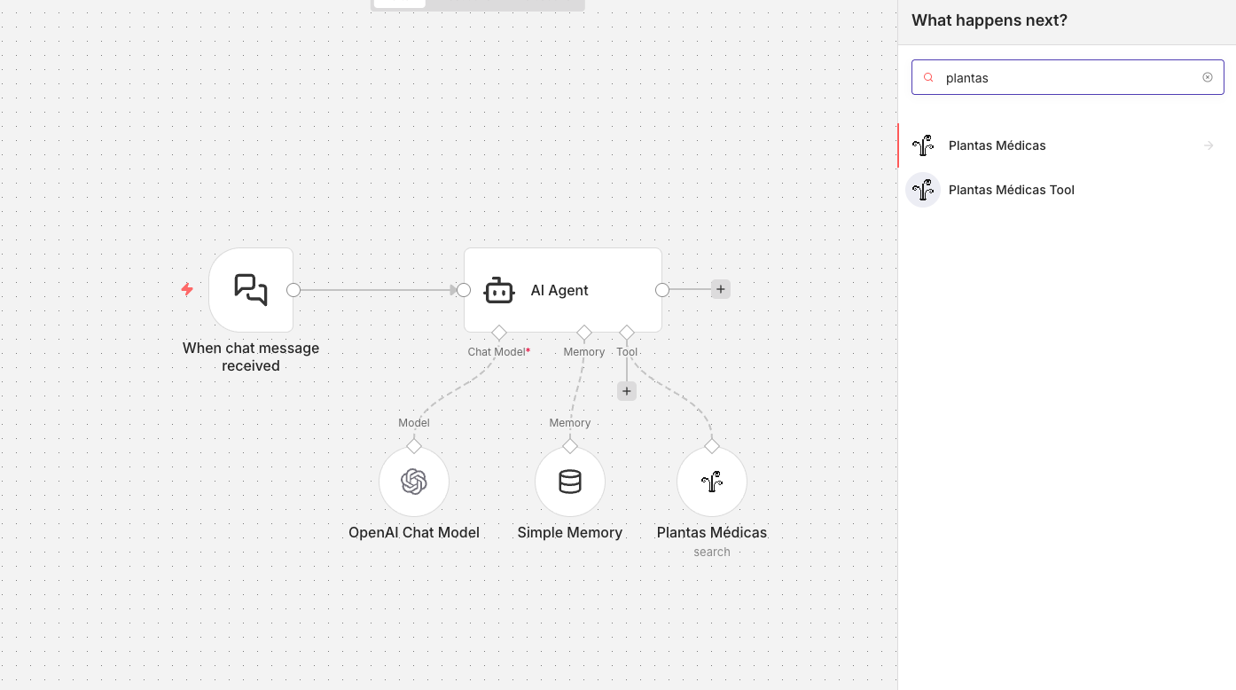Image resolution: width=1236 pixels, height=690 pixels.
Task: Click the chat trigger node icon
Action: (251, 290)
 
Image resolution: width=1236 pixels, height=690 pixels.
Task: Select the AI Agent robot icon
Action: (499, 290)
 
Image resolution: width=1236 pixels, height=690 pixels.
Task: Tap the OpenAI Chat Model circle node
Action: (414, 482)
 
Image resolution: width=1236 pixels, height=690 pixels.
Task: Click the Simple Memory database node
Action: (570, 482)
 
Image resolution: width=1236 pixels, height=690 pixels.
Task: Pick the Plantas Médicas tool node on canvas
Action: (712, 482)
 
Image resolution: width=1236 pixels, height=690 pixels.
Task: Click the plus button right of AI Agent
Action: (721, 289)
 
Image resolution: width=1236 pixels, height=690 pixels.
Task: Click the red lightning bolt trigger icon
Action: (188, 289)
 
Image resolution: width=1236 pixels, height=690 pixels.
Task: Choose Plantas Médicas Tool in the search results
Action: (1012, 190)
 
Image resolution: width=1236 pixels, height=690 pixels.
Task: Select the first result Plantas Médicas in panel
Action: (997, 145)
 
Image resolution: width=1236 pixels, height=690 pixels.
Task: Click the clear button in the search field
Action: (1208, 77)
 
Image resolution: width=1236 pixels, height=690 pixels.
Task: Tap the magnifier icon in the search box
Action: (928, 77)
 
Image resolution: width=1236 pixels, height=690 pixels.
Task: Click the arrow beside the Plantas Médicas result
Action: (1209, 145)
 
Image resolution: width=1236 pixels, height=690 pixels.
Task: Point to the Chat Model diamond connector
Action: (499, 333)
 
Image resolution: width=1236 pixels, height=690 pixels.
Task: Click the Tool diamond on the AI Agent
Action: (627, 333)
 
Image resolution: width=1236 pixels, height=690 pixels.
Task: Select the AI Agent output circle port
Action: (662, 290)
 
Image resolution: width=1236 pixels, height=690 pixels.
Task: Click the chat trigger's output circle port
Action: (293, 290)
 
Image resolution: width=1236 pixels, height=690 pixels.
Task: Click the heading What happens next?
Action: (990, 20)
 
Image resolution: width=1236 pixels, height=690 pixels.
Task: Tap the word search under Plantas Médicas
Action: (712, 552)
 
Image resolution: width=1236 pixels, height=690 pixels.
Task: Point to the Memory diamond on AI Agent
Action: (584, 333)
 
